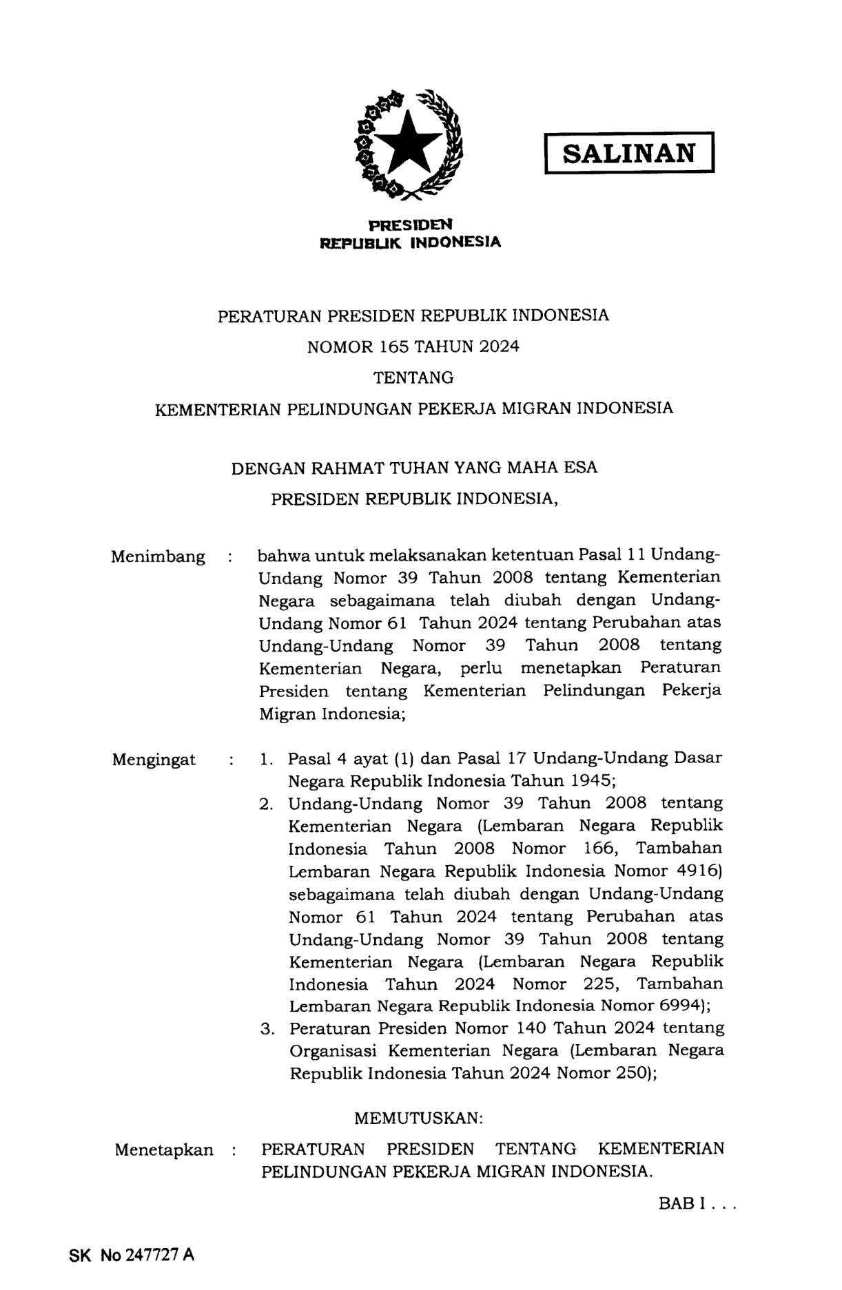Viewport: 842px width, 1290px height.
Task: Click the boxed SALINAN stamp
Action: (629, 152)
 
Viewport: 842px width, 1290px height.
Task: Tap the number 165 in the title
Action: (391, 346)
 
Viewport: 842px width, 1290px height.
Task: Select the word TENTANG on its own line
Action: (413, 377)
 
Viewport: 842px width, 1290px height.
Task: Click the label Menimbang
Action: (158, 556)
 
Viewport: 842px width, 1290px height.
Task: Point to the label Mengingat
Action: (154, 760)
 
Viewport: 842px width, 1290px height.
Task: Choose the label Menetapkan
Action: (164, 1149)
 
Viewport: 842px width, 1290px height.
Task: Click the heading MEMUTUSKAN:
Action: (419, 1118)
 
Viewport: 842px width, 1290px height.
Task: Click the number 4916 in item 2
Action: (697, 871)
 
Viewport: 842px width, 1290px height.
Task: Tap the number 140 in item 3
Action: (531, 1028)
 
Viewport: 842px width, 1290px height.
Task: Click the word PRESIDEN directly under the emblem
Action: (411, 225)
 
